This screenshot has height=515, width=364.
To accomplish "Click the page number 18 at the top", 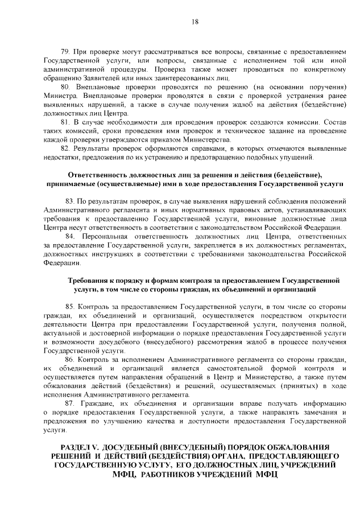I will click(195, 22).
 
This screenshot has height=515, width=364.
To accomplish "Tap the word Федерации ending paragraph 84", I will click(59, 263).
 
